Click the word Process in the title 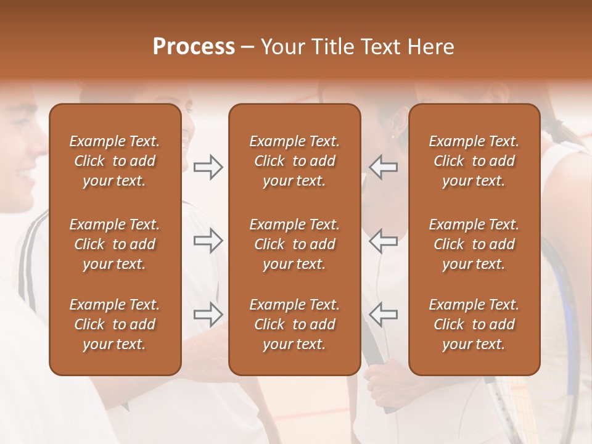click(194, 47)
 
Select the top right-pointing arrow click(208, 167)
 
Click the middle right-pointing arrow click(208, 240)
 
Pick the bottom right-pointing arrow click(208, 314)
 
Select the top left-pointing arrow click(383, 167)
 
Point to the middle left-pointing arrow click(383, 240)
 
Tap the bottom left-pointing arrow click(383, 314)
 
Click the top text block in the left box click(115, 161)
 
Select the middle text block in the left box click(115, 244)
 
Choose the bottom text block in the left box click(115, 324)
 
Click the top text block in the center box click(295, 161)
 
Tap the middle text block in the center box click(295, 244)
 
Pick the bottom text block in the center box click(295, 324)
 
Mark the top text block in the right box click(474, 161)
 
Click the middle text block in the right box click(474, 244)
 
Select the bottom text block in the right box click(474, 324)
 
